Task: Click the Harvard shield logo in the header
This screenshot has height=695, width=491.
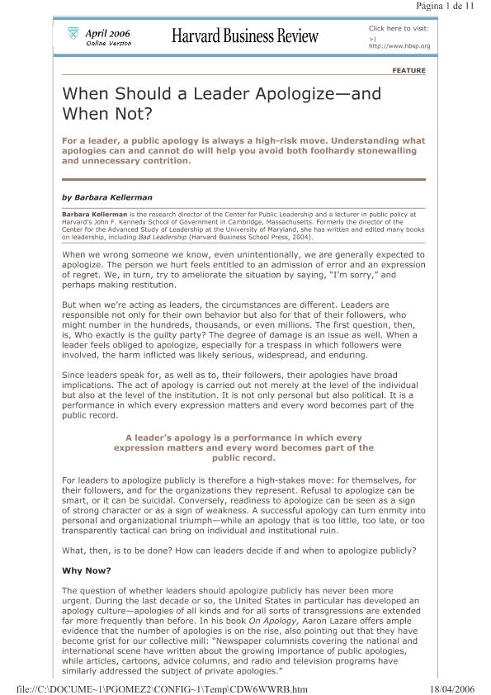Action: [x=72, y=34]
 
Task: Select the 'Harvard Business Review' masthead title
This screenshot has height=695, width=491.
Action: [x=244, y=35]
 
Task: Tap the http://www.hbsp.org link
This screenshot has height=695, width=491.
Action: [x=399, y=46]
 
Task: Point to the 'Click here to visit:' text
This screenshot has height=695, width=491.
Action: [x=399, y=27]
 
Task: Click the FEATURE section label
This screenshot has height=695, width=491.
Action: [x=408, y=71]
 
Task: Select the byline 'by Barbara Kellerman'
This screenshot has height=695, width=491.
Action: [x=107, y=197]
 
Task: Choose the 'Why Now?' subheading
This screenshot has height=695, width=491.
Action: [x=86, y=570]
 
